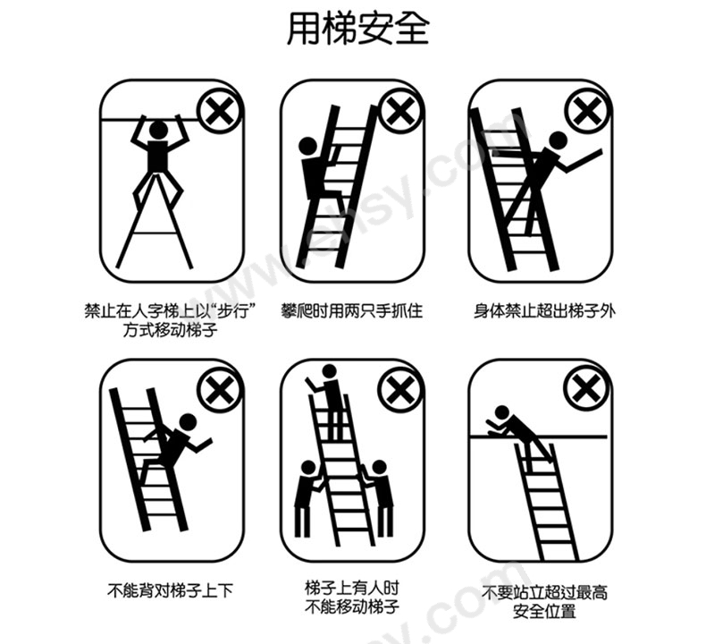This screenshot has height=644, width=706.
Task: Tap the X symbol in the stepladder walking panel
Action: point(217,113)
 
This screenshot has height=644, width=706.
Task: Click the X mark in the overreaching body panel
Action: point(586,113)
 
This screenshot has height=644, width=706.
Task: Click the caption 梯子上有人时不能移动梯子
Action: point(351,598)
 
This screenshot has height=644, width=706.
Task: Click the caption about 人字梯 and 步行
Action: point(164,320)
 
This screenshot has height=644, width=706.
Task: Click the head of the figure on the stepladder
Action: point(158,130)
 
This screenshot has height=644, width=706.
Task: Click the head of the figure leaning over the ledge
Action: point(502,412)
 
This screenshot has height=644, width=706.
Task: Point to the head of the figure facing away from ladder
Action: point(188,422)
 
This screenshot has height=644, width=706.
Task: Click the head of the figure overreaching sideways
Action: point(557,140)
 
